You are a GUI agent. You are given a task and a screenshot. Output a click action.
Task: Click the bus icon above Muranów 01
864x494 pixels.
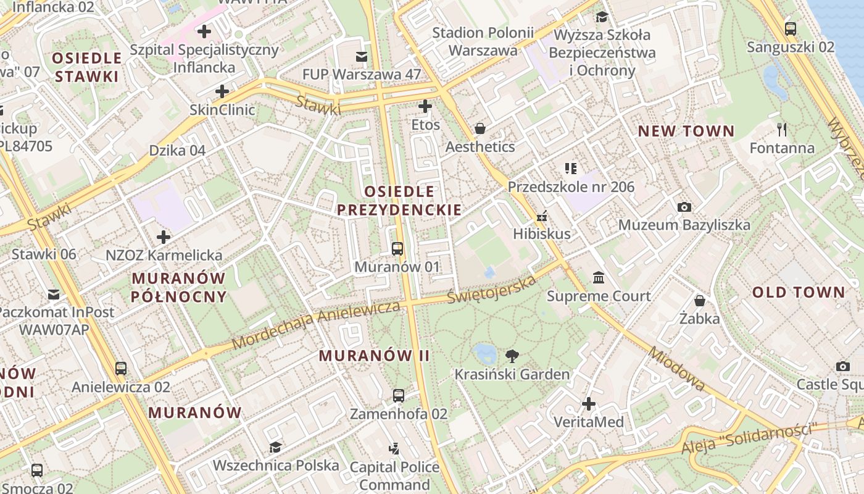[x=397, y=249]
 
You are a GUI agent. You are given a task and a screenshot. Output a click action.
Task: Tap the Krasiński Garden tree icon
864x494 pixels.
[x=512, y=356]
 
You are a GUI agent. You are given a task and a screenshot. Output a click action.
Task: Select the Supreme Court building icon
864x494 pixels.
[x=598, y=278]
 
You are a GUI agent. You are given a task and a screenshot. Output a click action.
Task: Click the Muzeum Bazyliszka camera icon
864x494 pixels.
[x=684, y=207]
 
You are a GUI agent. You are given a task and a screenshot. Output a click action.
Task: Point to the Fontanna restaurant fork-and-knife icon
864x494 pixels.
[x=782, y=130]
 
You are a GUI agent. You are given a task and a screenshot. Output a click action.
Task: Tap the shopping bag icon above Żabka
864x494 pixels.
[x=699, y=301]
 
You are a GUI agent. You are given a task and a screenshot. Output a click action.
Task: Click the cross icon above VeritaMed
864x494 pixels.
[x=589, y=404]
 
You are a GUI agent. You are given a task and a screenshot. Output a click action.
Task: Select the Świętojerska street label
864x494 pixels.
[x=492, y=289]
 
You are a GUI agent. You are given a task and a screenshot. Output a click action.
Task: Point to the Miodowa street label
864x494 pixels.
[x=677, y=368]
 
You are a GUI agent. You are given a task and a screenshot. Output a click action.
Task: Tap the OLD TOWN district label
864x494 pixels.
[x=798, y=293]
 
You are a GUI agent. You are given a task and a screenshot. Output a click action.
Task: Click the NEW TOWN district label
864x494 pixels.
[x=686, y=131]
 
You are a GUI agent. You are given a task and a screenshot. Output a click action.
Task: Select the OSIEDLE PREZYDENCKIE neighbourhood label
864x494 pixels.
[x=399, y=200]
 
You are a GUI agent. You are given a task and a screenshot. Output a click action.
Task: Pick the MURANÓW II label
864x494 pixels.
[x=374, y=356]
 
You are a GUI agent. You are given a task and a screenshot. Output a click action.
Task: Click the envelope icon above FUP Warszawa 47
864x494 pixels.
[x=362, y=57]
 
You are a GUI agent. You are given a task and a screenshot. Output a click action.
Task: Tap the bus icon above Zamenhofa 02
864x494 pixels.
[x=399, y=395]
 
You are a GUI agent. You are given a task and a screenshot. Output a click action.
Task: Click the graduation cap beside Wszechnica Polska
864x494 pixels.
[x=275, y=446]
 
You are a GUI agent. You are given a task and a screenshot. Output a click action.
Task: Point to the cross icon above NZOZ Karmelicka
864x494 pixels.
[x=164, y=237]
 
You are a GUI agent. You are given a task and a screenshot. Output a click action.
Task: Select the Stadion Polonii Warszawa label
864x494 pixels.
[x=483, y=41]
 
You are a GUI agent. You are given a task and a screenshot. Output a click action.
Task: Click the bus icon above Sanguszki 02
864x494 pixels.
[x=790, y=28]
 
